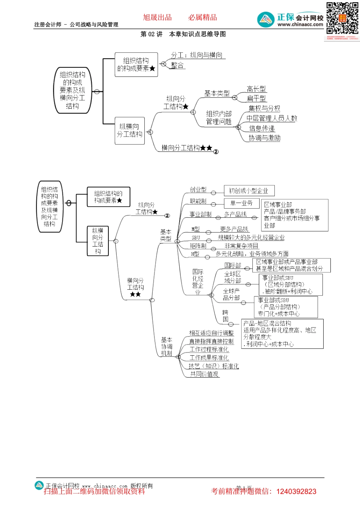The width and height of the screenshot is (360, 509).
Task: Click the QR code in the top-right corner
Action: [x=343, y=19]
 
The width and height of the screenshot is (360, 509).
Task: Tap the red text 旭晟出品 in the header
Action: [x=157, y=17]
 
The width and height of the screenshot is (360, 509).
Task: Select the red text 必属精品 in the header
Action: [x=203, y=17]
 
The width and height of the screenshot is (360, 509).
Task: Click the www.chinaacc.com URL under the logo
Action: [x=300, y=25]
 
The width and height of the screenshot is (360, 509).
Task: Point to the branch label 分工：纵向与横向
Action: [x=197, y=55]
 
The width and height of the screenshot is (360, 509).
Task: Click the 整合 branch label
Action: [x=177, y=65]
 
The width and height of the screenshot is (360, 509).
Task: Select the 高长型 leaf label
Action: [x=256, y=89]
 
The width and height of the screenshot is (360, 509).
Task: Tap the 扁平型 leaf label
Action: [x=256, y=98]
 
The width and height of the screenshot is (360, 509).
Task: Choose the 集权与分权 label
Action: [x=264, y=108]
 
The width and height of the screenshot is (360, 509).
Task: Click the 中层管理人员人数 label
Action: [x=272, y=119]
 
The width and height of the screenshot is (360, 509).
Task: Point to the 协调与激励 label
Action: [x=265, y=138]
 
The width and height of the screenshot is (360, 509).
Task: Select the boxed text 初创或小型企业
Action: [x=249, y=191]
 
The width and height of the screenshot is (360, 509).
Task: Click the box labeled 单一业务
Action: [x=241, y=203]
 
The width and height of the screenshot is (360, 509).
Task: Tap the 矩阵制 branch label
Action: [x=198, y=246]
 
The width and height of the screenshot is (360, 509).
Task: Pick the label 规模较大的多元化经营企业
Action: [x=251, y=237]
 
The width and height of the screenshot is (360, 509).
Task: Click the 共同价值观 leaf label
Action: [x=204, y=374]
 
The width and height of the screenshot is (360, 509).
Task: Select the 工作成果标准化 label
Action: [x=209, y=358]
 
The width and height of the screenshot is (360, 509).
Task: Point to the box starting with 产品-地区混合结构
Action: [x=282, y=334]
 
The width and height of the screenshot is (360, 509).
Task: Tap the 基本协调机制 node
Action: [x=167, y=347]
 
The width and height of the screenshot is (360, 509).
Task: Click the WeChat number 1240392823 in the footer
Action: [x=296, y=492]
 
